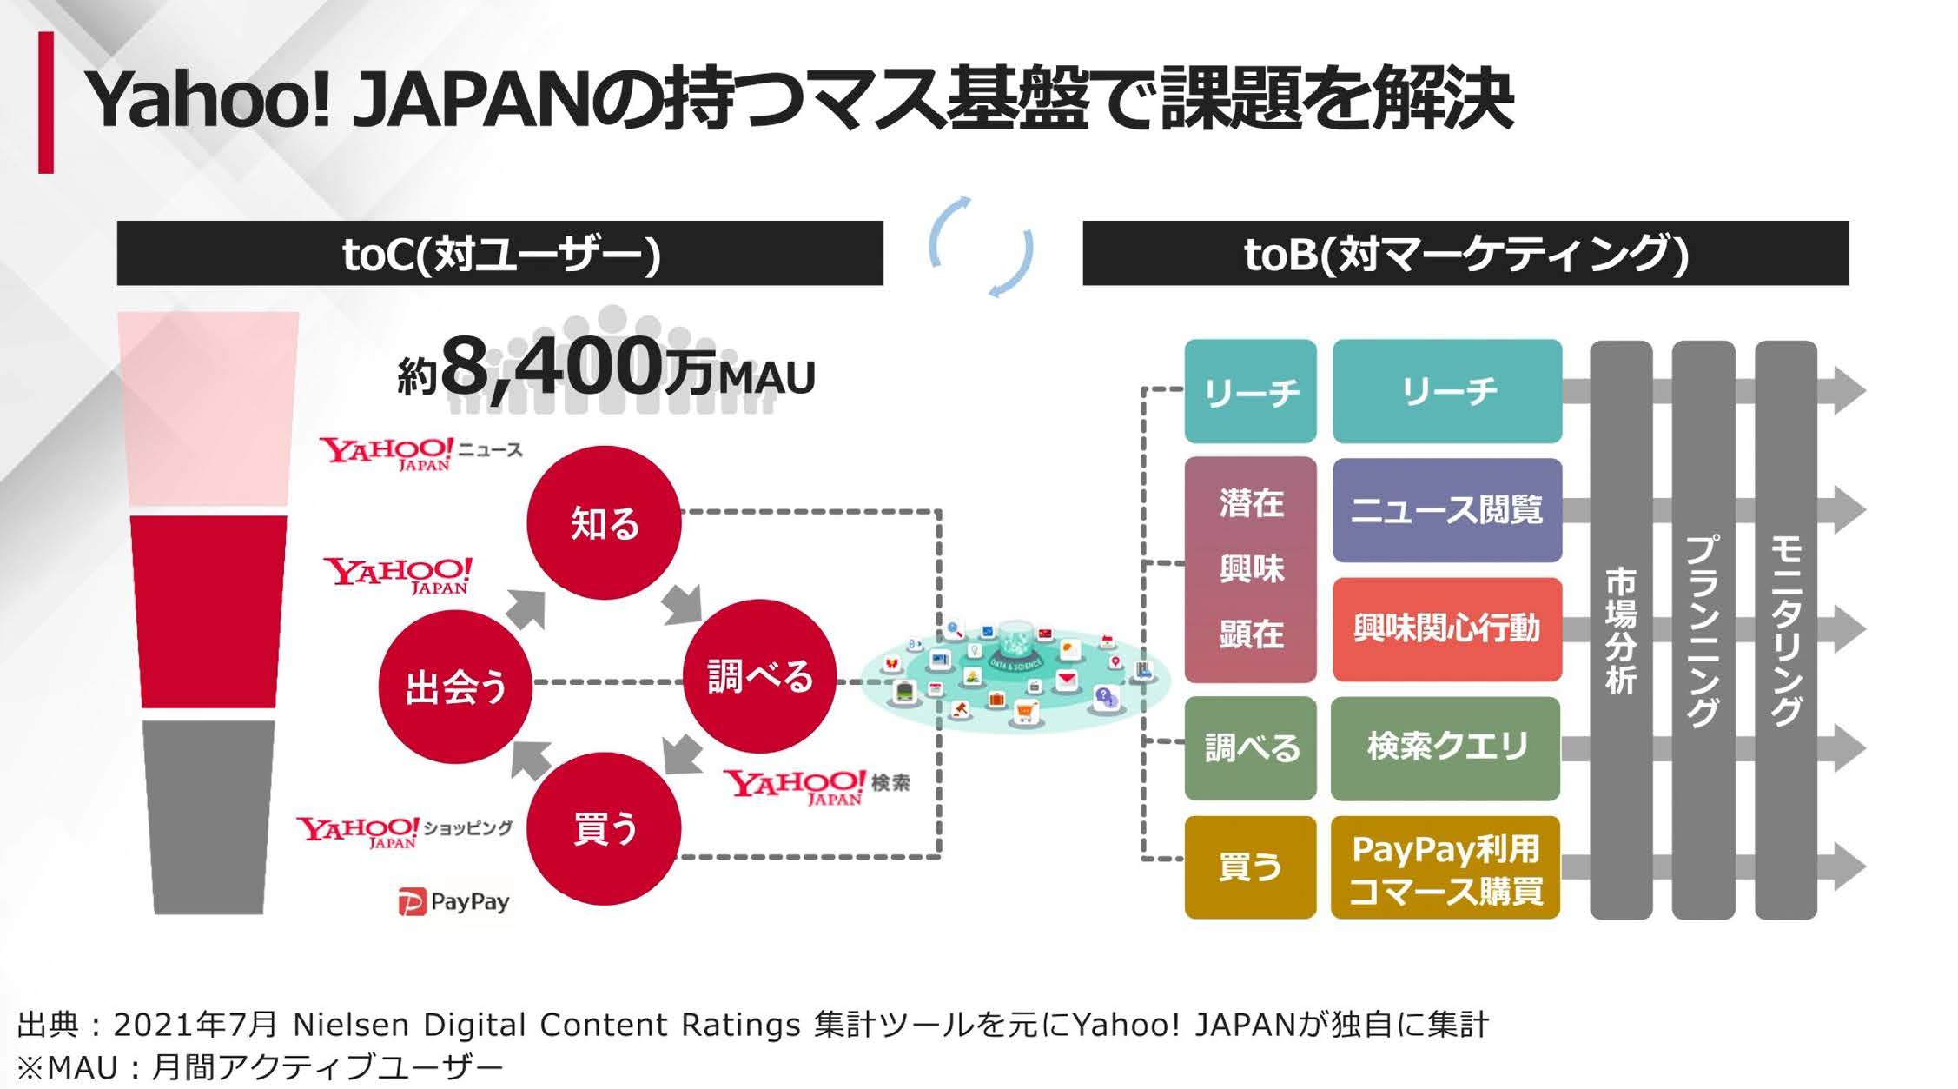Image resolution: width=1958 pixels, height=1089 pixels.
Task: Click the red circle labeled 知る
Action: pos(604,522)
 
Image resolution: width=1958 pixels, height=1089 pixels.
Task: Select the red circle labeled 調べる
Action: pos(759,676)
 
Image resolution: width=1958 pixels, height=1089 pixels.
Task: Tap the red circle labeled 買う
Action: pos(604,828)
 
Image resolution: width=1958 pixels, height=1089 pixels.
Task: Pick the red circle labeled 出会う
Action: pos(455,687)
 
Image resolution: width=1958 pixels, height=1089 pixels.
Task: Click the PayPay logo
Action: pos(453,901)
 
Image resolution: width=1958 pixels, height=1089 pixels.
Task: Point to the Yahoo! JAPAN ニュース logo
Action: pos(421,453)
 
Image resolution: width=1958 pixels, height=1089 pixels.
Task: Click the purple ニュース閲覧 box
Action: pos(1446,509)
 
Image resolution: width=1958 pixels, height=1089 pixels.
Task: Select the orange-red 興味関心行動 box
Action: pos(1446,628)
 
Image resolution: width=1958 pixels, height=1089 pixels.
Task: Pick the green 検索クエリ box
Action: pos(1445,747)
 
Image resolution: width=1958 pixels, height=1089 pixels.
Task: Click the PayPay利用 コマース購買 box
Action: pos(1445,867)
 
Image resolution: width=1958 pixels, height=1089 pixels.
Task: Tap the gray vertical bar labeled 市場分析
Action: pos(1621,630)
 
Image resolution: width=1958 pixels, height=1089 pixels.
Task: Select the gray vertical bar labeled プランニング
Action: pos(1703,630)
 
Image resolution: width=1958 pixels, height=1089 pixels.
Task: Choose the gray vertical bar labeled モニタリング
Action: pos(1786,630)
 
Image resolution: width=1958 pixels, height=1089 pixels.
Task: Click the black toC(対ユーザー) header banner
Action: pos(500,253)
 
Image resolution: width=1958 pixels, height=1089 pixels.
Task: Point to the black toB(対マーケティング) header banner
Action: pos(1465,253)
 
